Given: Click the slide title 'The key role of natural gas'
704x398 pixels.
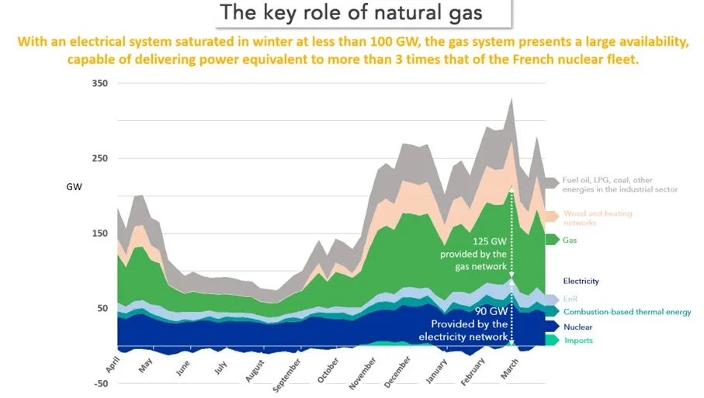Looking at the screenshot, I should pos(352,13).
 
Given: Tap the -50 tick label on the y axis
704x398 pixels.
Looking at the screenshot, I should pos(101,383).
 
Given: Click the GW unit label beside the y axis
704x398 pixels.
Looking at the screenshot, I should pos(74,187).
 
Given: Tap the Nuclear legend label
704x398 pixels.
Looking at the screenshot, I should pos(579,327).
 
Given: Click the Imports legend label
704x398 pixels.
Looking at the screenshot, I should pos(579,341).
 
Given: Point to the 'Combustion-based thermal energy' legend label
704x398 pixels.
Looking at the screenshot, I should pos(627,312).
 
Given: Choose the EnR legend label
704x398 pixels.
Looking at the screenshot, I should pos(571,299).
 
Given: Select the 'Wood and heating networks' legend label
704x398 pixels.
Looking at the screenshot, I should pos(598,218).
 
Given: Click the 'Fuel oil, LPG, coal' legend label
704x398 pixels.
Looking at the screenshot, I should pos(620,185).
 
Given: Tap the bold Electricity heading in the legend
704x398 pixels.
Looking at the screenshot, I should pos(581,281).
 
